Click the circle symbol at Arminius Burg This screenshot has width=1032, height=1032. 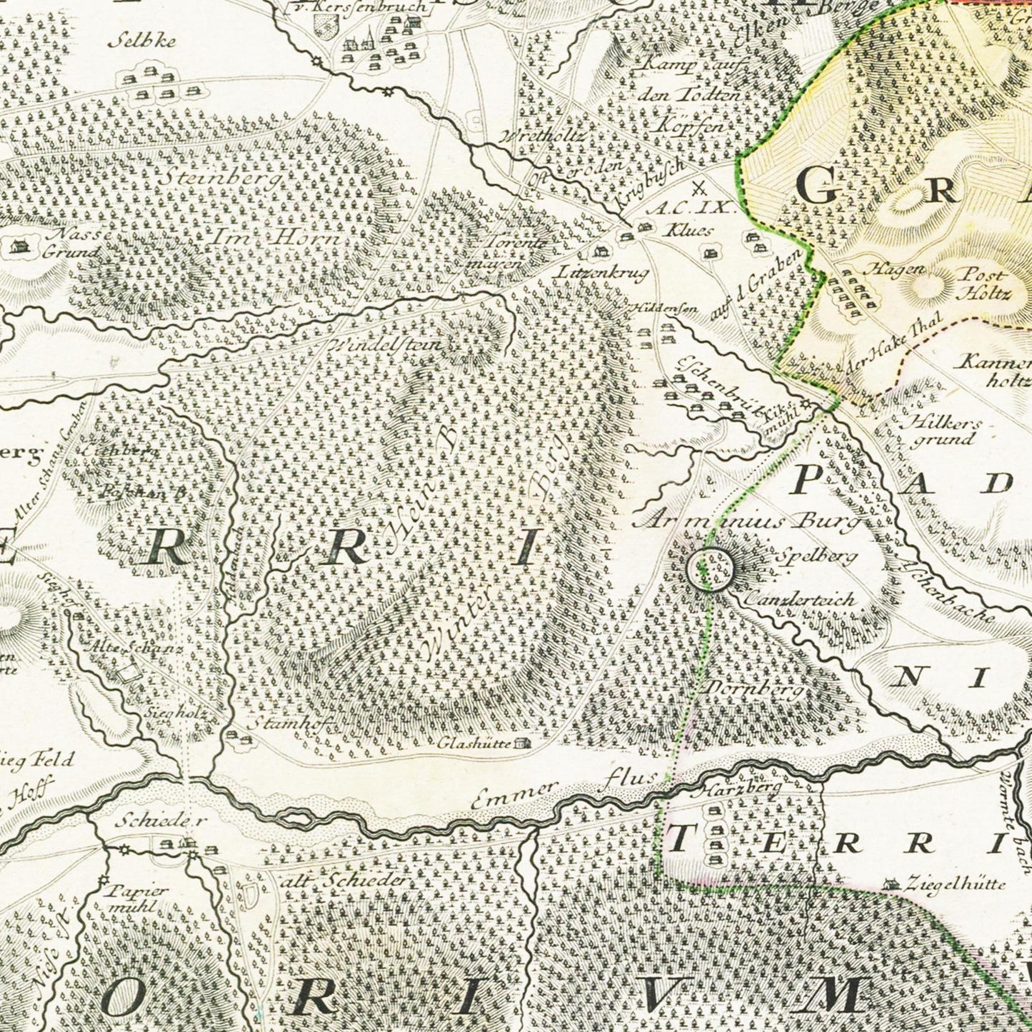click(709, 568)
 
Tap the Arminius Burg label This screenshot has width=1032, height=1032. click(746, 521)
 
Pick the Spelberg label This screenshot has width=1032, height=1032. click(815, 556)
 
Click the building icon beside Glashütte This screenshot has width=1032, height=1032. click(523, 743)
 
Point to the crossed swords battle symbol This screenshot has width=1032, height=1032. click(699, 189)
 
